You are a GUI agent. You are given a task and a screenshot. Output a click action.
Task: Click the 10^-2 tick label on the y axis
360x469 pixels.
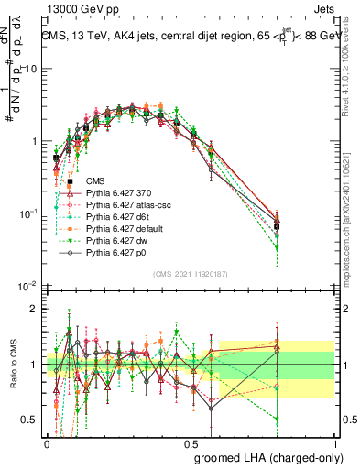[x=28, y=286]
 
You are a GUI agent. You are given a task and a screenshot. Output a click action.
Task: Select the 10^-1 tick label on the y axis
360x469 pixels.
[x=28, y=213]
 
